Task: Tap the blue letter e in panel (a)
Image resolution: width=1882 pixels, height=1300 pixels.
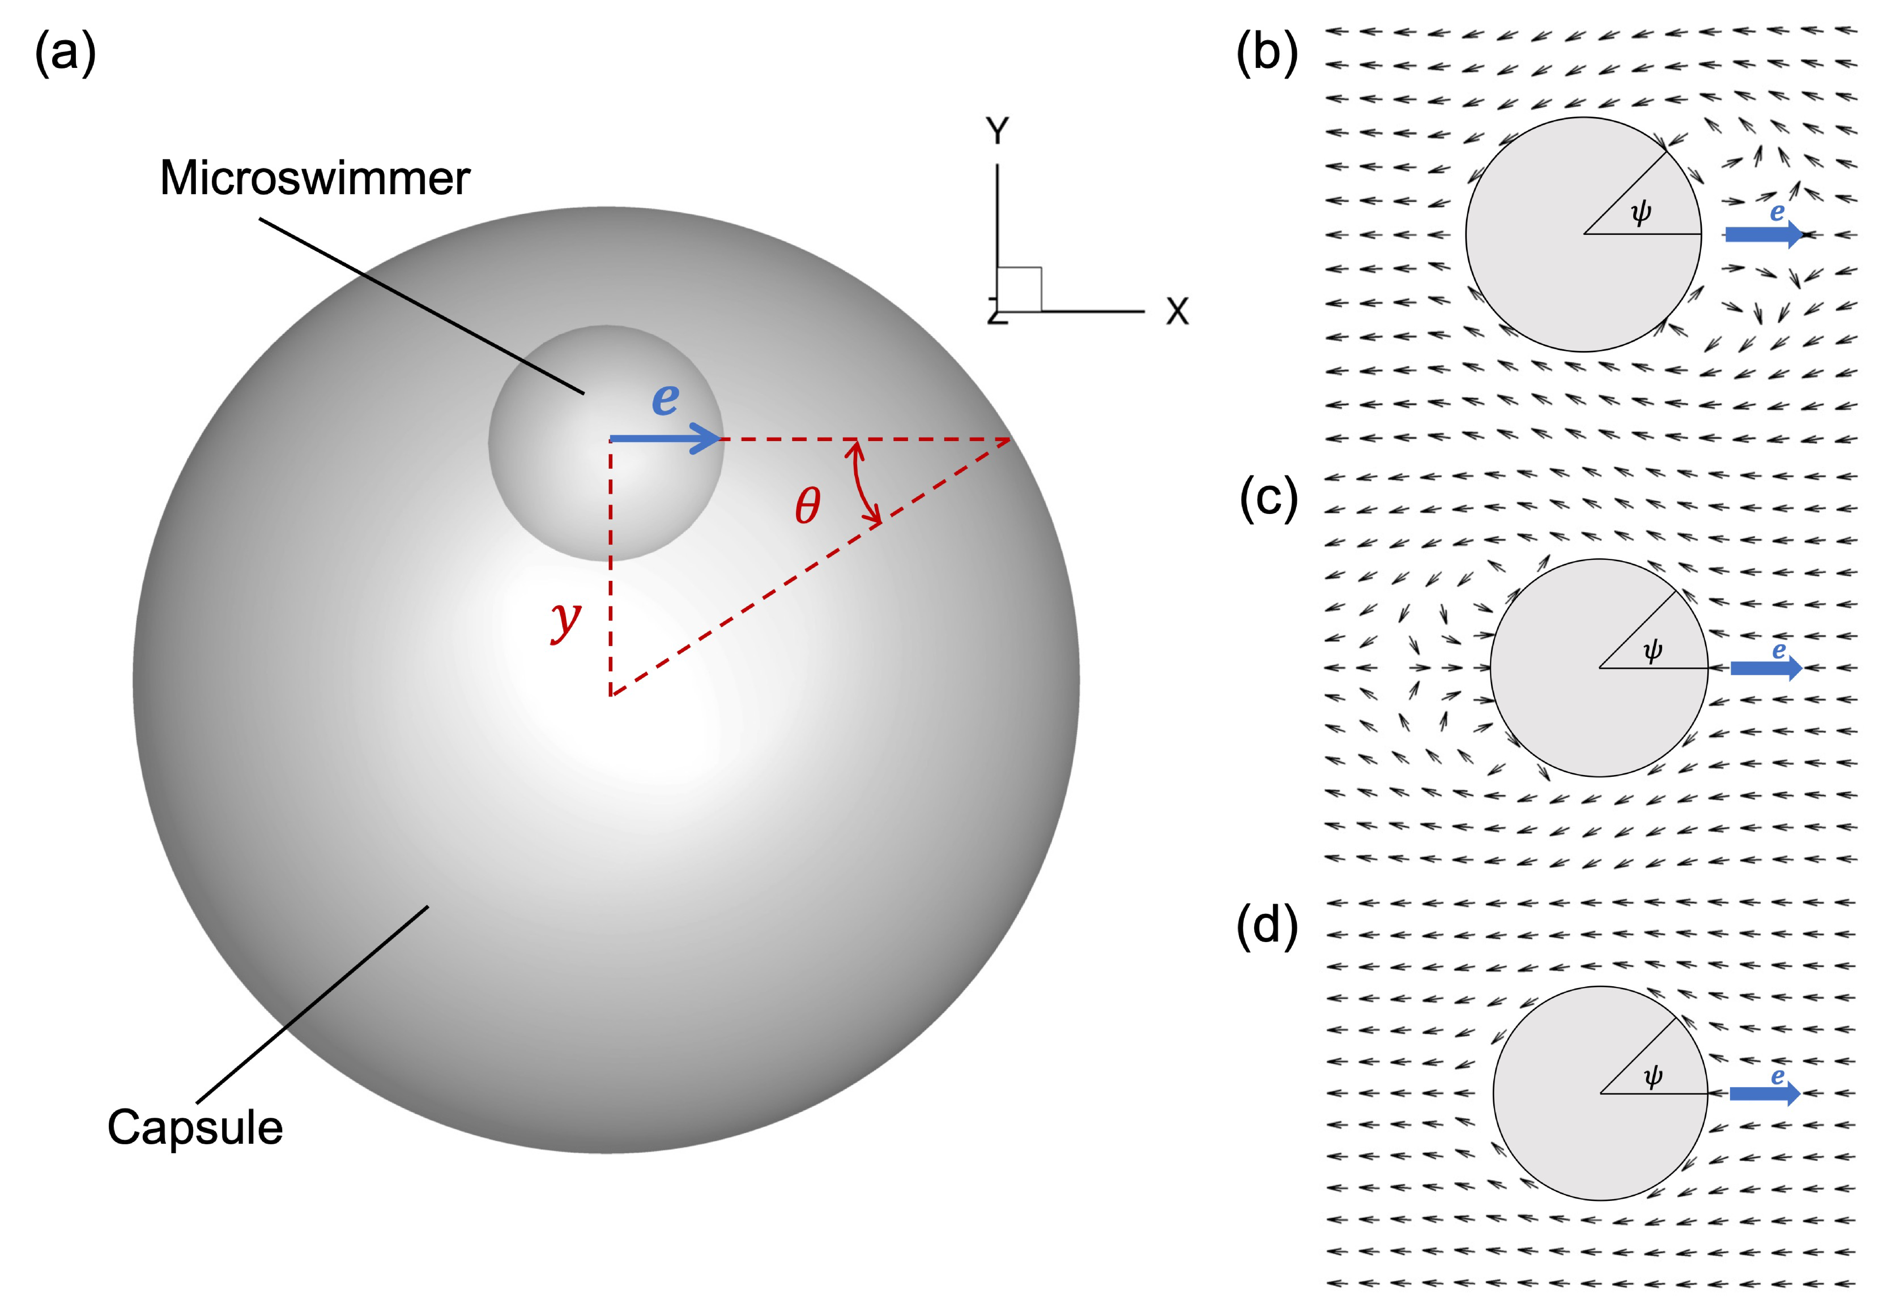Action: pyautogui.click(x=665, y=399)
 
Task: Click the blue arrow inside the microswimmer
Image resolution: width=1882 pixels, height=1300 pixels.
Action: pyautogui.click(x=665, y=439)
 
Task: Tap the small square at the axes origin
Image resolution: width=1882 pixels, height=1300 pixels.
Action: pyautogui.click(x=1019, y=289)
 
